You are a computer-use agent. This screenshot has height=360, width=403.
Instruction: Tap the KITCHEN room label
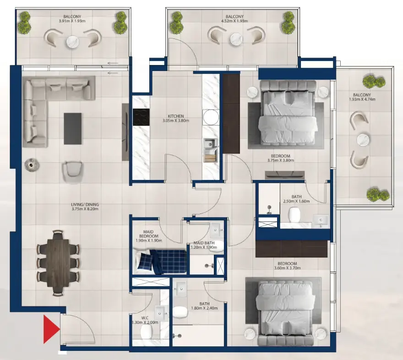point(176,116)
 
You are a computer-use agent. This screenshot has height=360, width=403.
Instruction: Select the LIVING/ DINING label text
point(85,205)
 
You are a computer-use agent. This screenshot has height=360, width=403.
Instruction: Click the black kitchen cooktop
point(139,117)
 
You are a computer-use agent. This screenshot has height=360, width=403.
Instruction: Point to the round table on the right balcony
point(363,139)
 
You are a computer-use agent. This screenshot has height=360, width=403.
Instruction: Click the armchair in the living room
point(73,171)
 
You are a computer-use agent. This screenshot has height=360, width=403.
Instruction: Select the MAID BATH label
point(204,243)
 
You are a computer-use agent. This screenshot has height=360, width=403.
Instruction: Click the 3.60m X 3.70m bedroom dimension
point(287,269)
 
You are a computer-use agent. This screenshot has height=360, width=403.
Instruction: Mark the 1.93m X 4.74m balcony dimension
point(360,99)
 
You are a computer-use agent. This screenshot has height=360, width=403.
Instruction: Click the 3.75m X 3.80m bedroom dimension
point(280,160)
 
